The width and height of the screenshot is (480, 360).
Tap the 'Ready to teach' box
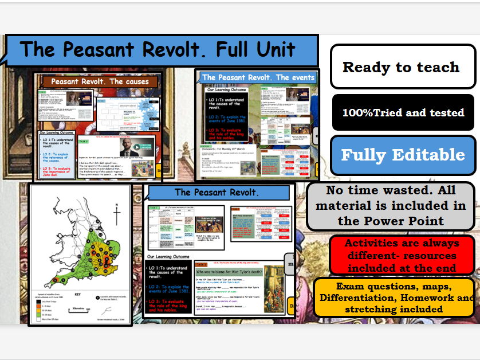tap(402, 66)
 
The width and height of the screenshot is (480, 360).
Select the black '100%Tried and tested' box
tap(403, 113)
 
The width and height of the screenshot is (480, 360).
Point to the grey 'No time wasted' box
tap(390, 205)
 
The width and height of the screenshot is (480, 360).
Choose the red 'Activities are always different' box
tap(402, 256)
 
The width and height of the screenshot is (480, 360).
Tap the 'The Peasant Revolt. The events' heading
tap(258, 77)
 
